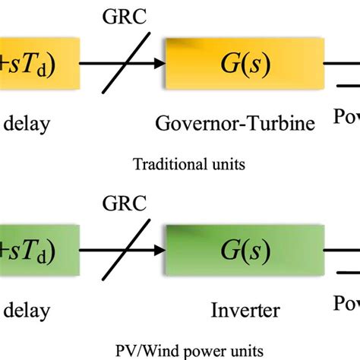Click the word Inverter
tap(242, 310)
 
